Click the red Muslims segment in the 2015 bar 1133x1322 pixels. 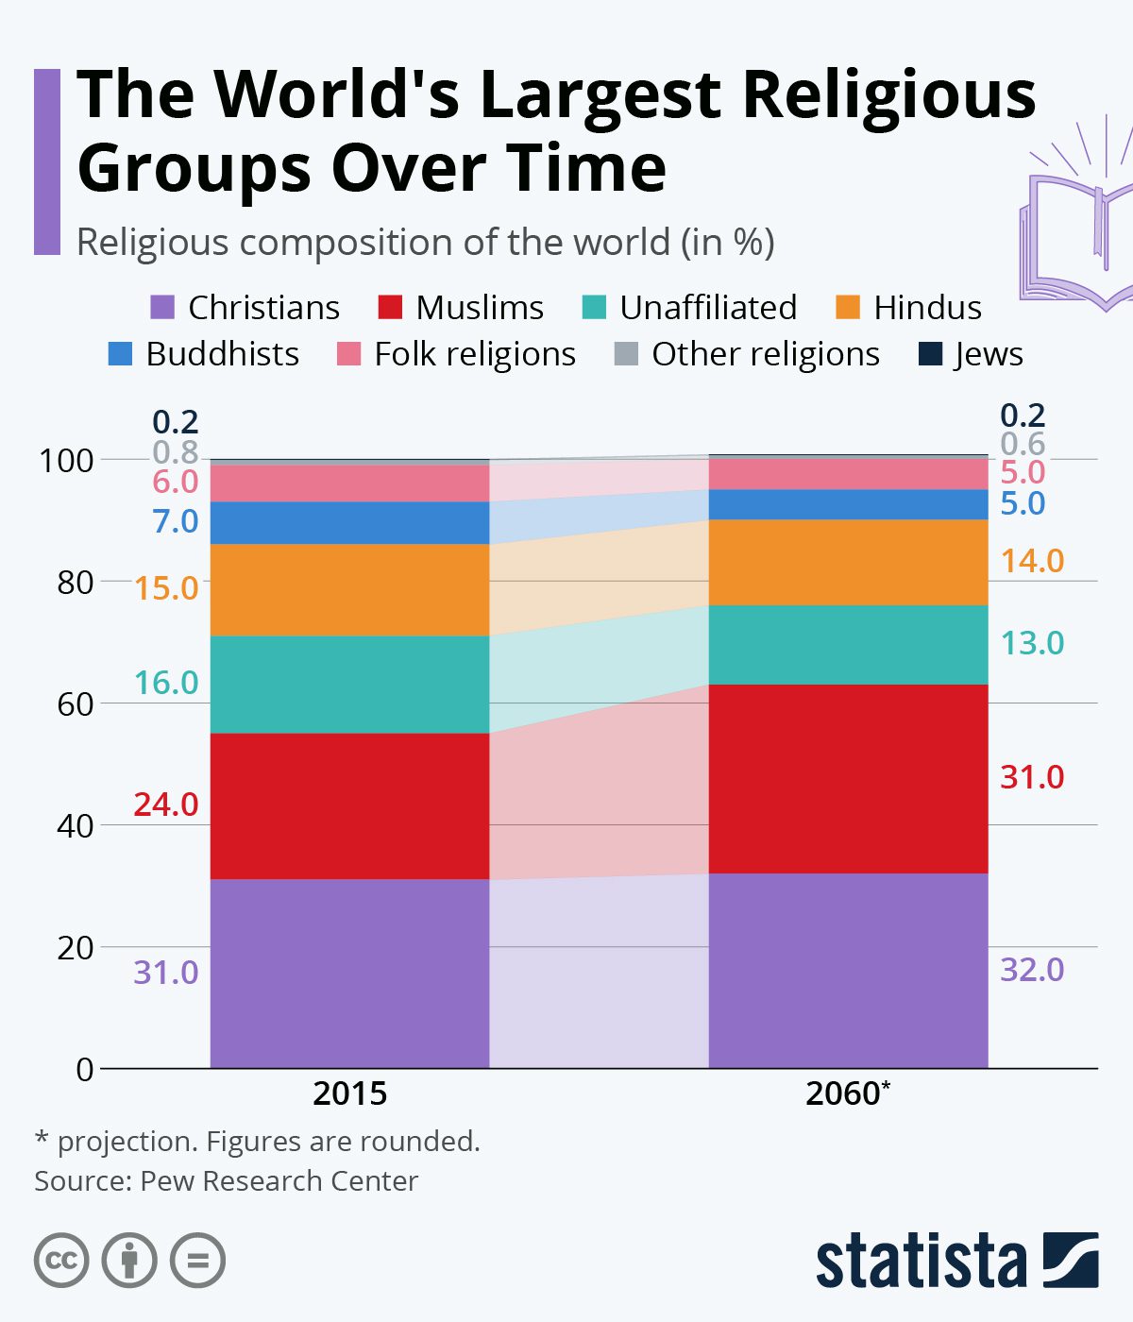tap(349, 805)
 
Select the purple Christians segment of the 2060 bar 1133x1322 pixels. tap(848, 970)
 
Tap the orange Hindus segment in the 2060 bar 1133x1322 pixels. tap(848, 562)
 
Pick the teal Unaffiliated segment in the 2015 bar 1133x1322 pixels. tap(349, 684)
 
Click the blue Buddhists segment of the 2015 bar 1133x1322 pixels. tap(349, 522)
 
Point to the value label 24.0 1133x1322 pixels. tap(166, 805)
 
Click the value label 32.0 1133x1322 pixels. tap(1032, 970)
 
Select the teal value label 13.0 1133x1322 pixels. tap(1032, 643)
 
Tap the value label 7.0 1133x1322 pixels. tap(176, 521)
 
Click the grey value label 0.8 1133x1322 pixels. tap(176, 451)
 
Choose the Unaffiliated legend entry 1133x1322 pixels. tap(689, 308)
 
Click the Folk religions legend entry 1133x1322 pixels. tap(457, 354)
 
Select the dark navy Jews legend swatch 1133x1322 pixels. tap(931, 354)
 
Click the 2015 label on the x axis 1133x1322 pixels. tap(349, 1093)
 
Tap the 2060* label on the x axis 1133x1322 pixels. tap(848, 1093)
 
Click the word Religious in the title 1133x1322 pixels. tap(888, 94)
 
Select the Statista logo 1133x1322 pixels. tap(956, 1260)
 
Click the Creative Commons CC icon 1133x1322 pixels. tap(61, 1261)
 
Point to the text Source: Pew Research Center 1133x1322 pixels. tap(227, 1181)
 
